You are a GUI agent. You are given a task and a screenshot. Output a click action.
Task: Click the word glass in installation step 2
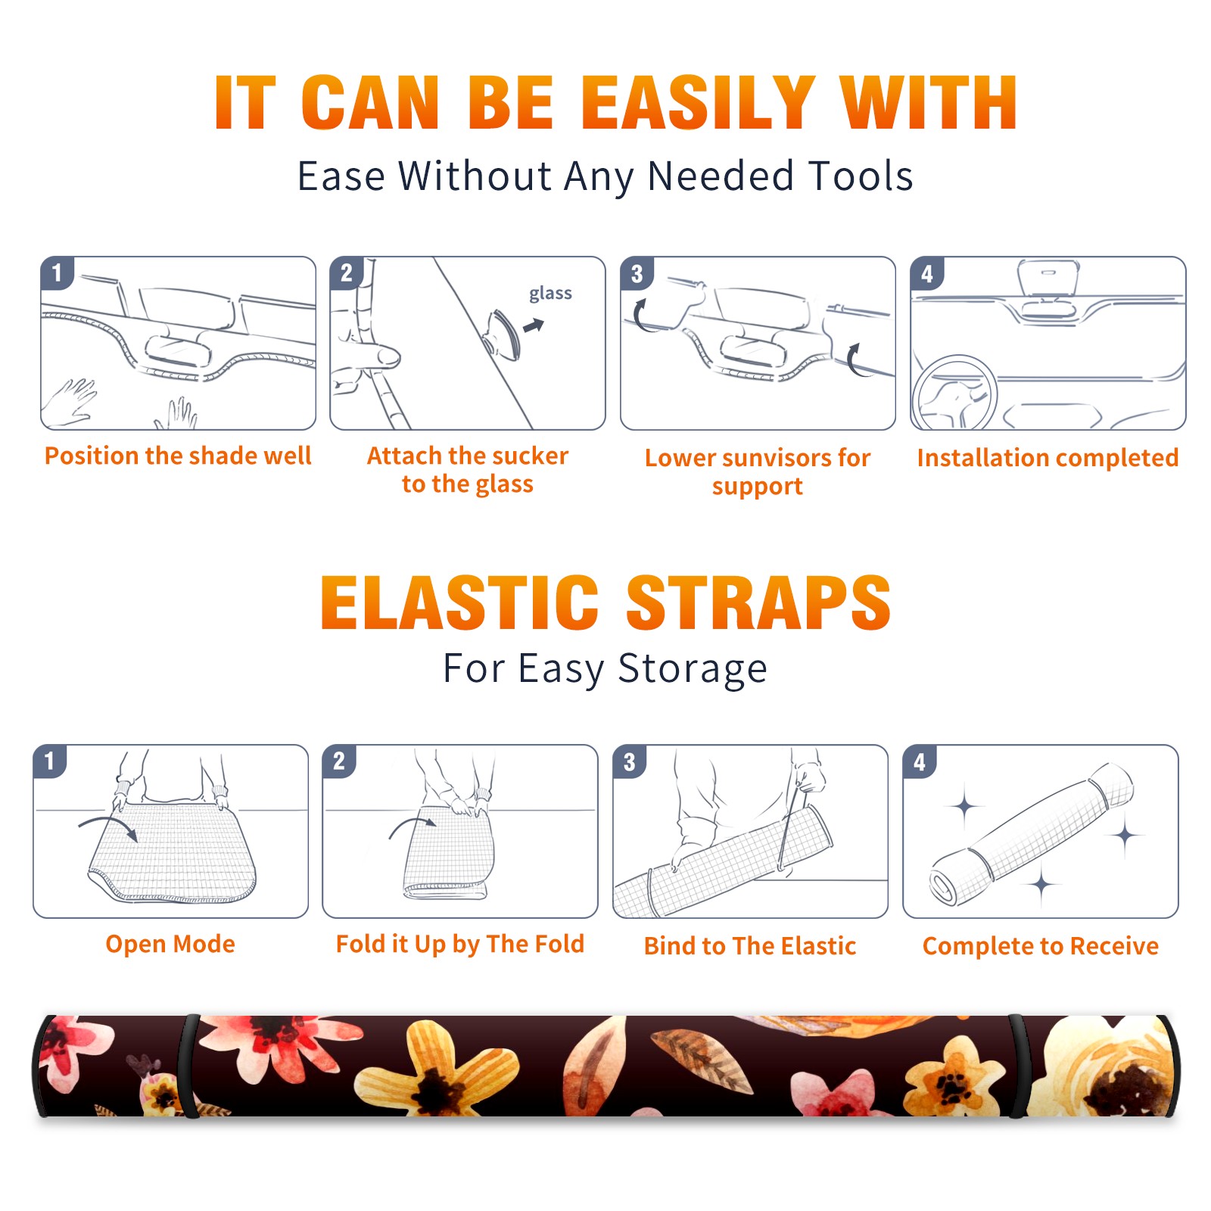tap(550, 294)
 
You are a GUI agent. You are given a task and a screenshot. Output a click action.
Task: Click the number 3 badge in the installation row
tap(637, 273)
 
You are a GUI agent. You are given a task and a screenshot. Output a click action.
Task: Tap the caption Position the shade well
tap(178, 456)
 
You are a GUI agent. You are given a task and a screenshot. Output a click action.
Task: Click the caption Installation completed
tap(1048, 458)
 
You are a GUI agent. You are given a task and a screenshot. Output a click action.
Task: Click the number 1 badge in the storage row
tap(50, 761)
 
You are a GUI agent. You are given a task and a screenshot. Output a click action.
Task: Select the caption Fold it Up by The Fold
tap(460, 945)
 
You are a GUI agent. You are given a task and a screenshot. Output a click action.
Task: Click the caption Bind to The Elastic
tap(750, 946)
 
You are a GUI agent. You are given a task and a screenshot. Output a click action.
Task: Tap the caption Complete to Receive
tap(1041, 946)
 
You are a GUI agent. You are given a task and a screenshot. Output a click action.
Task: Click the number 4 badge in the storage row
tap(920, 761)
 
